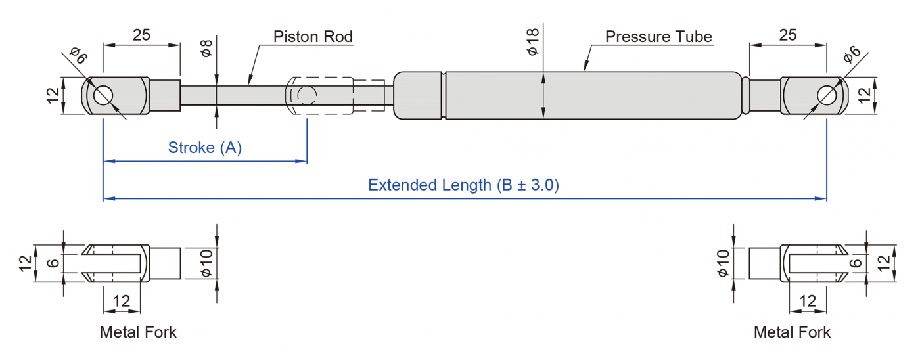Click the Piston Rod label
[x=313, y=37]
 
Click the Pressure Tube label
[x=658, y=37]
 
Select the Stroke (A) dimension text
[x=205, y=148]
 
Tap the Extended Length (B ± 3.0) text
[x=463, y=185]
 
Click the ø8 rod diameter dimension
[x=206, y=49]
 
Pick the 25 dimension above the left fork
[x=141, y=35]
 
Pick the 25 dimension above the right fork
[x=787, y=35]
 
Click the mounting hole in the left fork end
[x=103, y=95]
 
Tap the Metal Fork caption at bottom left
[x=138, y=332]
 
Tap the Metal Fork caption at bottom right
[x=792, y=332]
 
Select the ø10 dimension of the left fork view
[x=206, y=262]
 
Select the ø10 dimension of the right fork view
[x=724, y=262]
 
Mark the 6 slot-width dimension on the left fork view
[x=53, y=263]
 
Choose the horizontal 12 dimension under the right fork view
[x=808, y=302]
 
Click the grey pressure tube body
[x=591, y=95]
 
